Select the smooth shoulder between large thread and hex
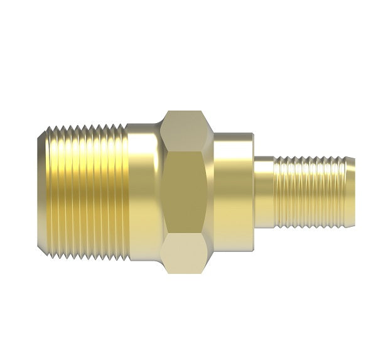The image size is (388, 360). tap(143, 192)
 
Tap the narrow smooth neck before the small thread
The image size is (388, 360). tap(265, 192)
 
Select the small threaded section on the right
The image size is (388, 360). tap(308, 192)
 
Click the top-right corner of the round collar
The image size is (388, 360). tap(252, 134)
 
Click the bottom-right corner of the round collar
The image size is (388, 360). tap(252, 249)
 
